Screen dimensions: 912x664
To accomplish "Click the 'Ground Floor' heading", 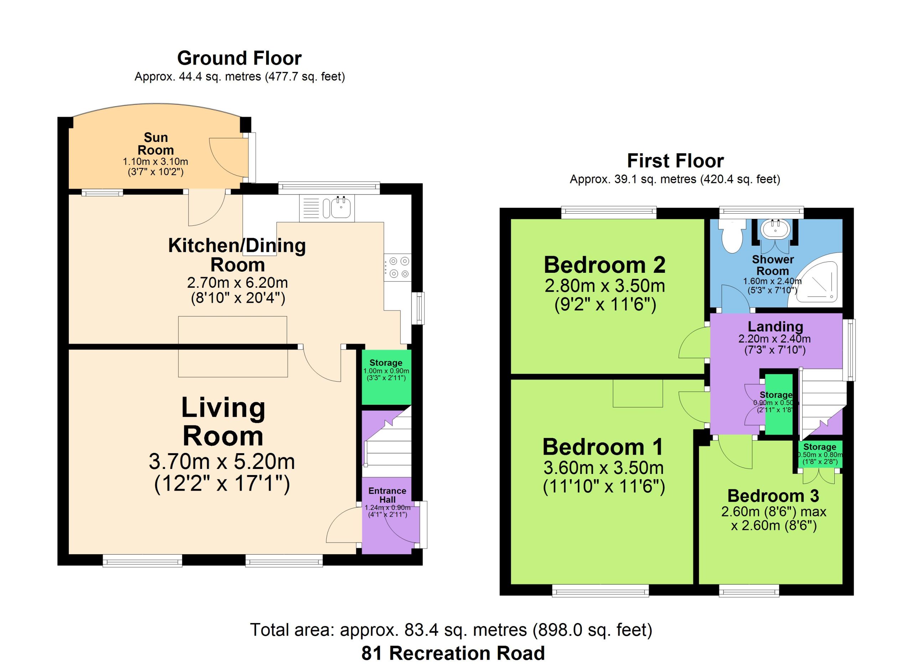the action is [239, 58].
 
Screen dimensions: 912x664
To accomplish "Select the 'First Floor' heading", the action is [675, 161].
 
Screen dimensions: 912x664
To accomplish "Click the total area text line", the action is [451, 630].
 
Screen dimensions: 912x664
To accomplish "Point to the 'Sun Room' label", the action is [156, 144].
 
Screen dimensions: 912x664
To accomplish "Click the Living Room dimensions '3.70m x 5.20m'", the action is [222, 461].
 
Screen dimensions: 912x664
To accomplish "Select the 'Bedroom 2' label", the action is [605, 265].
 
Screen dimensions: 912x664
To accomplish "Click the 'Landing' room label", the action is [775, 326].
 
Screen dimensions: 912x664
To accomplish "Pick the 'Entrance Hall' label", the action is [387, 495].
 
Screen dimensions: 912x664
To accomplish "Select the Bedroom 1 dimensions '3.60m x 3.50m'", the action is [603, 468].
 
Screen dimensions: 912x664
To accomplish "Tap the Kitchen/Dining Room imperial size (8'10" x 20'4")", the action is [238, 298].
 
